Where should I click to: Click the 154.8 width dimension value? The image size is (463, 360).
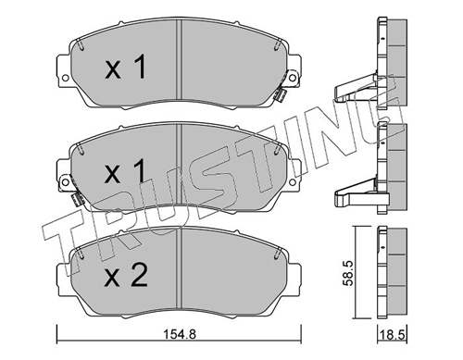(x=179, y=334)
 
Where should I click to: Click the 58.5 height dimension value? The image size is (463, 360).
(x=348, y=273)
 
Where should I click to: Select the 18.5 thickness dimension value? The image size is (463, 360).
(x=393, y=335)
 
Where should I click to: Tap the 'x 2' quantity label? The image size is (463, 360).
(x=126, y=277)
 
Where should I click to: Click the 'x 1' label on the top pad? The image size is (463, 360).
(x=125, y=67)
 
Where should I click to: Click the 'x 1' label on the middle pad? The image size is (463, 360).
(x=125, y=171)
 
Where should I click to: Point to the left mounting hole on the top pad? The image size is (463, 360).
(x=65, y=78)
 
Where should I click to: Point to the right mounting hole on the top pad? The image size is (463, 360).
(x=293, y=78)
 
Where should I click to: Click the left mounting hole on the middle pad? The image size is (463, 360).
(x=65, y=182)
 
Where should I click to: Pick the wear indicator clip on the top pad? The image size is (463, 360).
(x=281, y=94)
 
